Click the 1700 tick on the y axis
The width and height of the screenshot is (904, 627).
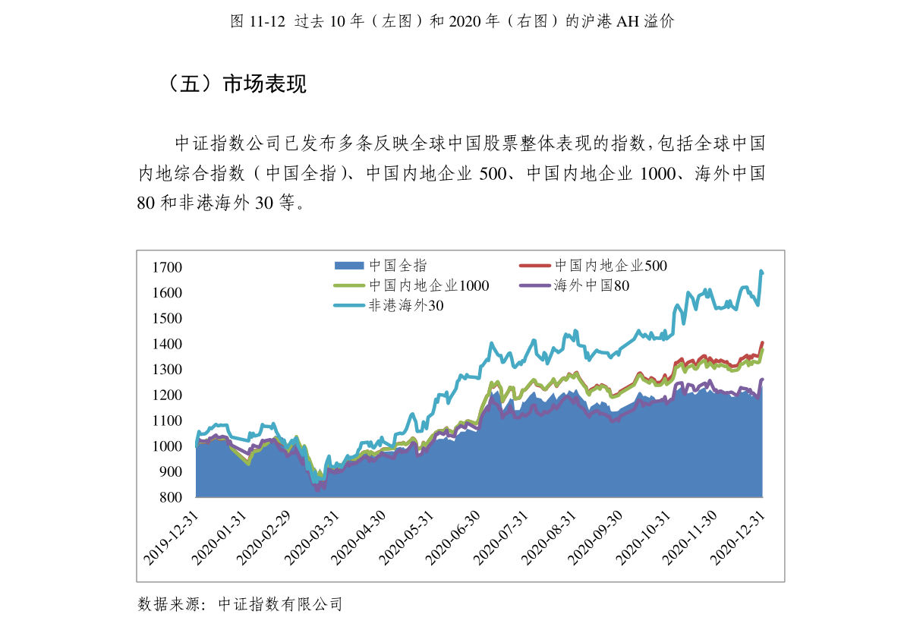(x=167, y=267)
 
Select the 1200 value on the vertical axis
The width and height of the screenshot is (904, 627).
(x=167, y=395)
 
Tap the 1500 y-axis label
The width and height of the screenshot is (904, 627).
(x=167, y=318)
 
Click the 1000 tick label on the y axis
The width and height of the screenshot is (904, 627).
(x=167, y=446)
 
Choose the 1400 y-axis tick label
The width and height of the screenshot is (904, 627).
(x=167, y=344)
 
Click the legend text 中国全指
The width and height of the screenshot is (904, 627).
(x=398, y=265)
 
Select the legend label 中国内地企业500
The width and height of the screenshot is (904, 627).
(x=610, y=265)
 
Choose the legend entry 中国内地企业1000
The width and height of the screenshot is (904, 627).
(x=429, y=285)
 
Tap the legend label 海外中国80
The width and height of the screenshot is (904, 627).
(x=591, y=285)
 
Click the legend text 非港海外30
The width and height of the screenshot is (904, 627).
(x=406, y=306)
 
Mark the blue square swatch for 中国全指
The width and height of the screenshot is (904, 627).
(x=349, y=265)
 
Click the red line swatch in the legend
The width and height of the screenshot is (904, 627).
(x=534, y=265)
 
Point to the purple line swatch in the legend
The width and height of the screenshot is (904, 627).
(x=534, y=285)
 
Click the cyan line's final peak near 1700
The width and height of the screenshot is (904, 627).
(x=761, y=271)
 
